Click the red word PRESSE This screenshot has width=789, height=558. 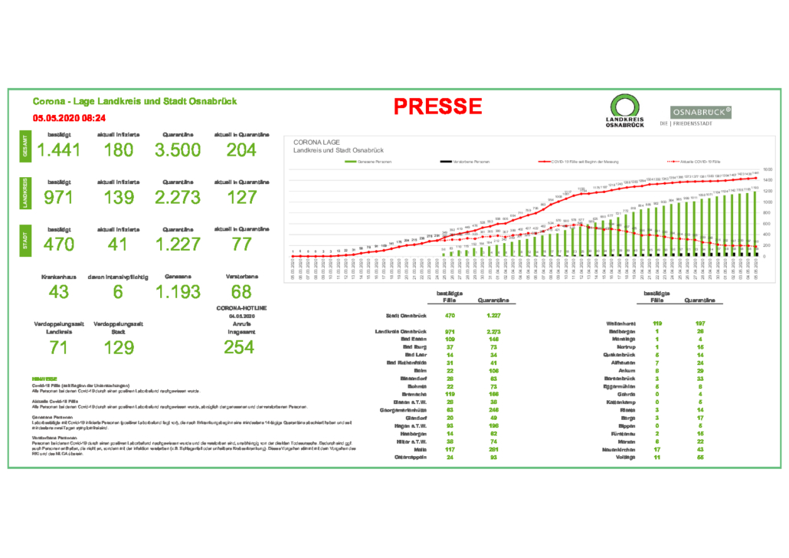pyautogui.click(x=438, y=107)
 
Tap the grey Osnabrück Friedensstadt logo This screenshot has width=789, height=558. pyautogui.click(x=701, y=116)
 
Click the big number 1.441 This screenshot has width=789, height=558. pyautogui.click(x=58, y=149)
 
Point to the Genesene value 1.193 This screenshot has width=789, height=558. pyautogui.click(x=178, y=292)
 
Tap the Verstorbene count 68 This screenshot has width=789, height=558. pyautogui.click(x=241, y=292)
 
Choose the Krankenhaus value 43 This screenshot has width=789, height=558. pyautogui.click(x=58, y=292)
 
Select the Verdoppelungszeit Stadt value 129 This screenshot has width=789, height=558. pyautogui.click(x=119, y=346)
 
